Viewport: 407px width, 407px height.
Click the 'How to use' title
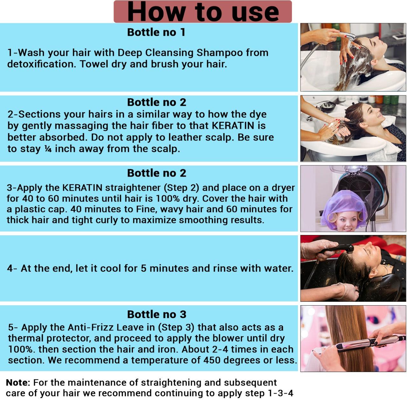click(x=203, y=12)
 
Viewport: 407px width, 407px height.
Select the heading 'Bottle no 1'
click(x=156, y=32)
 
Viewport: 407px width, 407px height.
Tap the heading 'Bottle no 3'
click(x=156, y=314)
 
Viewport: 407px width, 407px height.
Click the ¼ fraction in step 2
click(x=48, y=149)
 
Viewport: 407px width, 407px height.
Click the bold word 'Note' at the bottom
click(x=17, y=383)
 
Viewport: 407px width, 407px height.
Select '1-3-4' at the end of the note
click(x=280, y=393)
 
